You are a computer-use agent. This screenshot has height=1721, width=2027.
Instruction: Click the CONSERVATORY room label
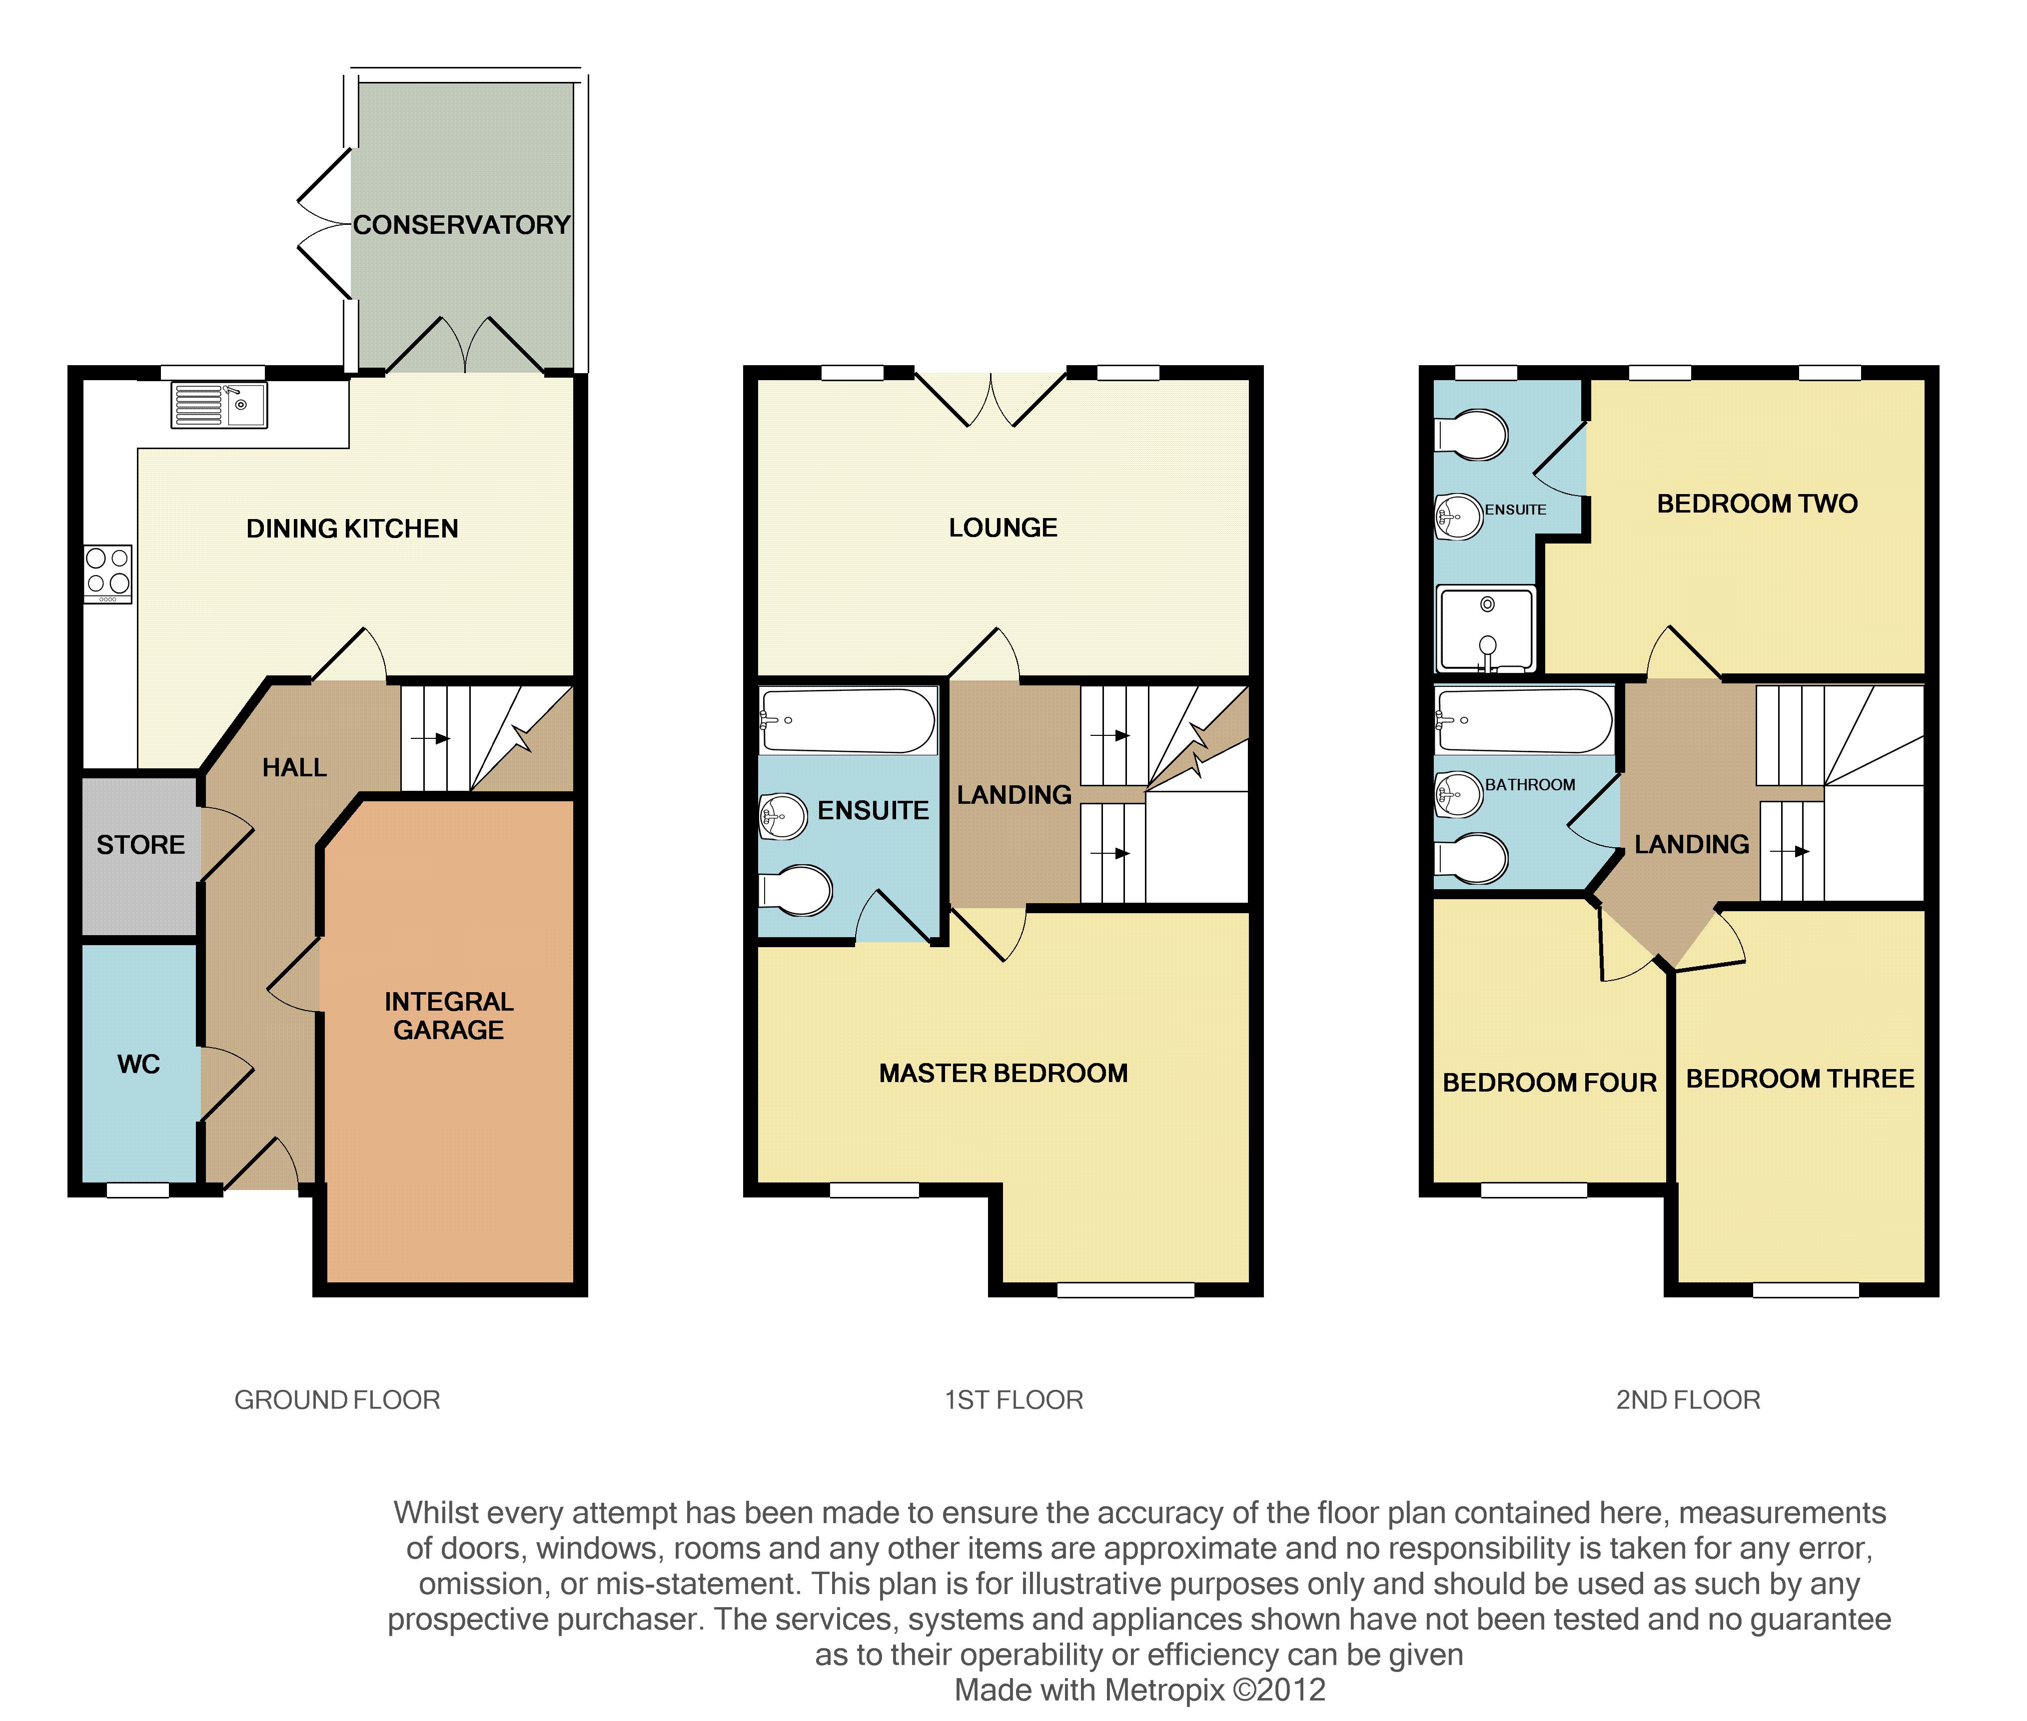pyautogui.click(x=462, y=225)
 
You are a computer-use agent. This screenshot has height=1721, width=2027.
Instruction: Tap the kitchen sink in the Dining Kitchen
pyautogui.click(x=218, y=405)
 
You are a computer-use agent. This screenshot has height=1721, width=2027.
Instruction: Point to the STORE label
pyautogui.click(x=140, y=845)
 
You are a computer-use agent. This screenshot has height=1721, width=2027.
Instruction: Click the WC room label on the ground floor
pyautogui.click(x=138, y=1065)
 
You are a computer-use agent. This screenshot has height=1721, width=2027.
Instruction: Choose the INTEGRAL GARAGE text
pyautogui.click(x=449, y=1016)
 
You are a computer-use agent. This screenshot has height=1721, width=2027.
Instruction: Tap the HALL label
pyautogui.click(x=295, y=768)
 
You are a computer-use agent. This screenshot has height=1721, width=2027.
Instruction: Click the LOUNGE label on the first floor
pyautogui.click(x=1003, y=528)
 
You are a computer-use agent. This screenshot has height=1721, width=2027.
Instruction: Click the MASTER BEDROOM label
pyautogui.click(x=1003, y=1073)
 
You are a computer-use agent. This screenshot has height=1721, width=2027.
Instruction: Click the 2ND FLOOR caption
pyautogui.click(x=1688, y=1400)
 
